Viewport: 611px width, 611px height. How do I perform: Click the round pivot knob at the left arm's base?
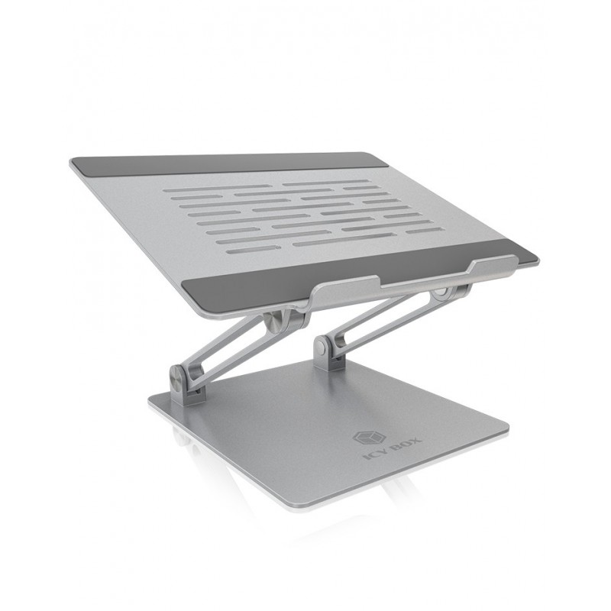pos(176,378)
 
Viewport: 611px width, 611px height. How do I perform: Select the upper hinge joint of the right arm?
pos(441,296)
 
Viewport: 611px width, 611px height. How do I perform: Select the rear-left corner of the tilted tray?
pos(73,163)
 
